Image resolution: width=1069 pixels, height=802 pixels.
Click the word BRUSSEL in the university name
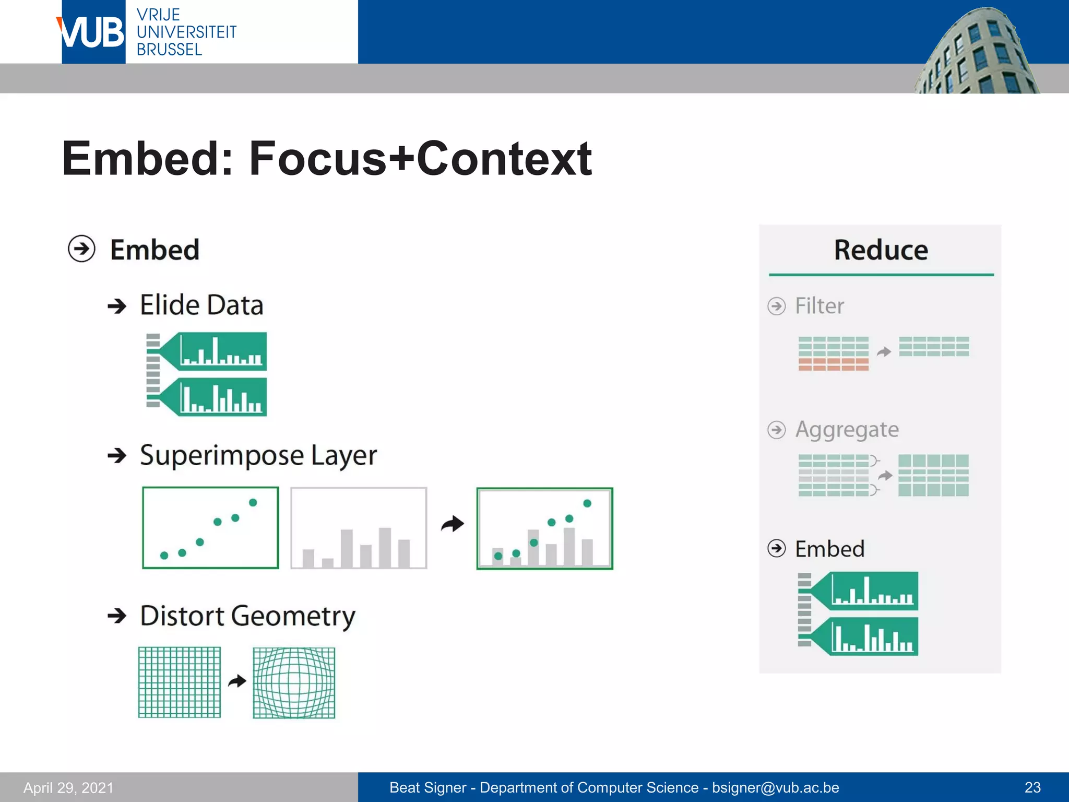(169, 50)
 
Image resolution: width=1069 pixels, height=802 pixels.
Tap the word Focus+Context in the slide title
(420, 158)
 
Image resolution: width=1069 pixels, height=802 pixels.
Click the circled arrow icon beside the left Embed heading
(82, 249)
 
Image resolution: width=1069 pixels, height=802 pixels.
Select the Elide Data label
(201, 305)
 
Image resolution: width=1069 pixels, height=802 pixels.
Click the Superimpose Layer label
(258, 455)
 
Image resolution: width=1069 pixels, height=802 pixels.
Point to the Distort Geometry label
(247, 616)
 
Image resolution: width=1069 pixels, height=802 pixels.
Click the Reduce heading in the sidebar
(881, 250)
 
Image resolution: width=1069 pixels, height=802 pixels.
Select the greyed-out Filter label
(819, 306)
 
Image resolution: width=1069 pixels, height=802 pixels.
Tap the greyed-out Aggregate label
(847, 430)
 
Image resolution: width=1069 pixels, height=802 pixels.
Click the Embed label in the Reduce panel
(829, 549)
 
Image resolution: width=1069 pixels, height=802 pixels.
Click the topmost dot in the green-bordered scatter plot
(253, 502)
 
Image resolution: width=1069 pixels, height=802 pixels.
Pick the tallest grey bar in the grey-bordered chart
(385, 547)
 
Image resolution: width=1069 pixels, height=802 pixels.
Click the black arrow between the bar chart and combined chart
(452, 524)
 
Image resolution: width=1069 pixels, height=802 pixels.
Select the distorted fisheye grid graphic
(294, 683)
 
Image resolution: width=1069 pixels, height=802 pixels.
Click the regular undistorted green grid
(180, 682)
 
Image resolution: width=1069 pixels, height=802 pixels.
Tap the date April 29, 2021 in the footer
(68, 787)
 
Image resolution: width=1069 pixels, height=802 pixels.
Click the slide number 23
(1032, 787)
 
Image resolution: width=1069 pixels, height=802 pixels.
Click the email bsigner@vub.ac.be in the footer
(775, 787)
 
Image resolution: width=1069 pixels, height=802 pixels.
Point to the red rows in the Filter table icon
(833, 364)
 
